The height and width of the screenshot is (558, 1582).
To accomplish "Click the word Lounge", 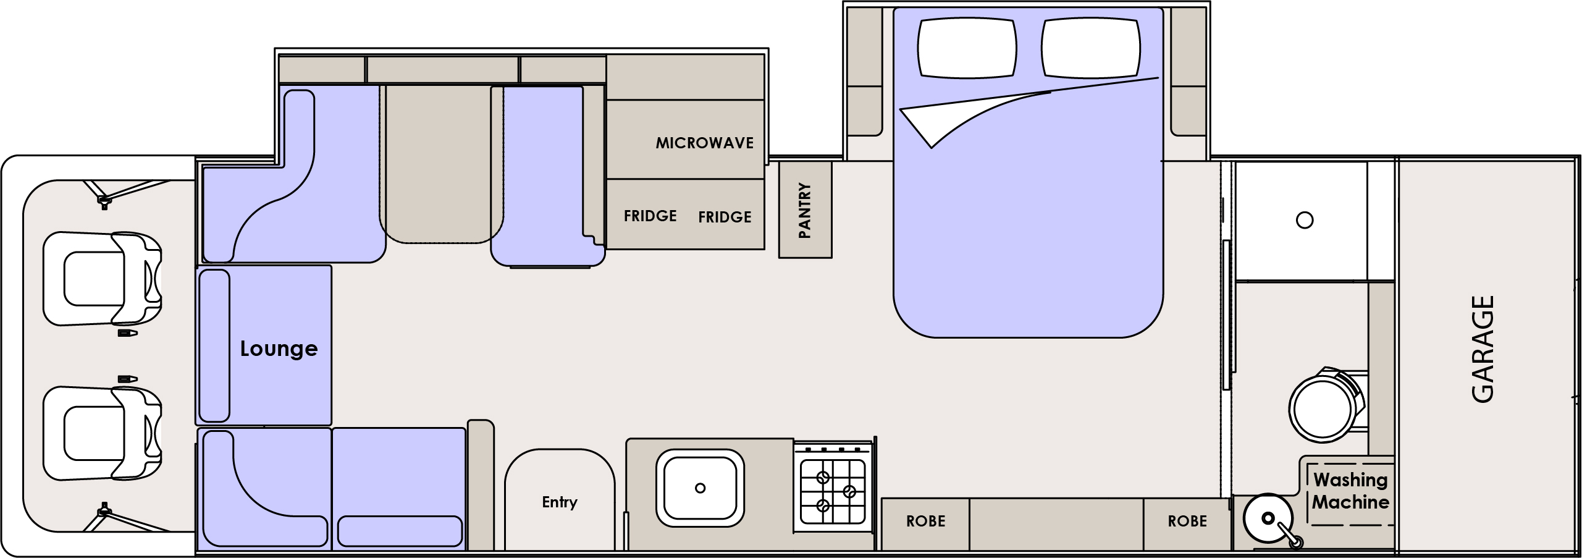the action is [x=279, y=349].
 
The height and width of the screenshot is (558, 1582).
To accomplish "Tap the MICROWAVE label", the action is [x=705, y=143].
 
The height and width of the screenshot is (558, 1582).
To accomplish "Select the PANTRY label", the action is [x=804, y=210].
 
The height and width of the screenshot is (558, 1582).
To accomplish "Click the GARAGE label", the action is [x=1483, y=349].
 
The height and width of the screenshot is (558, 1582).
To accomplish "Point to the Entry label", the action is [x=560, y=502].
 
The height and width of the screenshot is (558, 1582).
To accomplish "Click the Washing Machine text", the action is [x=1350, y=491].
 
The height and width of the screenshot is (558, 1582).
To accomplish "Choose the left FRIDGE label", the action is [x=650, y=216].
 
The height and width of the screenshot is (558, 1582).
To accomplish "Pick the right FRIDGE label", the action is [x=725, y=217].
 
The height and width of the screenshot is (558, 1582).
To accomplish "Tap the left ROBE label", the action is [x=925, y=522].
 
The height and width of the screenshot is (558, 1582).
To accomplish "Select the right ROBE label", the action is [x=1187, y=522].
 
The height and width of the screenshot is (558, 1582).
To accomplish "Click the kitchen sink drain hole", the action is [x=700, y=488].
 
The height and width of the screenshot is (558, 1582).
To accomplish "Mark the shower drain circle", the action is [x=1305, y=220].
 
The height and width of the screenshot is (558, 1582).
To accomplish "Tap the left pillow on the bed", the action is [x=967, y=48].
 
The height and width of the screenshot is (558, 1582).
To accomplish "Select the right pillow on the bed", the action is [x=1090, y=48].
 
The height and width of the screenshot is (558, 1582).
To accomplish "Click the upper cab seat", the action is [x=103, y=279].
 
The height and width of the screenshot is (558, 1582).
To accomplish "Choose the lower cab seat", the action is [x=103, y=433].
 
